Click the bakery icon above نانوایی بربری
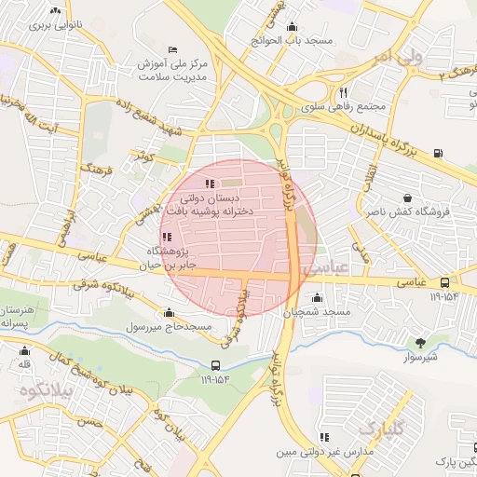(x=55, y=11)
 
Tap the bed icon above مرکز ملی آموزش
(x=171, y=49)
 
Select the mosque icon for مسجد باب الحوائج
(x=293, y=27)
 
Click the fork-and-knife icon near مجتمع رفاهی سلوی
(x=344, y=92)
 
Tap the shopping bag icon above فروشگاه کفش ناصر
(x=408, y=198)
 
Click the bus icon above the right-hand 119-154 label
(x=443, y=282)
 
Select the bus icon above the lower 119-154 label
(x=215, y=365)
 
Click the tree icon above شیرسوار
(x=420, y=343)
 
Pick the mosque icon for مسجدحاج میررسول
(x=169, y=313)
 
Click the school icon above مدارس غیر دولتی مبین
(x=324, y=437)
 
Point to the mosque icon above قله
(x=24, y=351)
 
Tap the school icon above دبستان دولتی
(x=210, y=184)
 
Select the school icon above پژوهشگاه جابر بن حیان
(x=166, y=238)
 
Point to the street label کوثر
(x=144, y=155)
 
